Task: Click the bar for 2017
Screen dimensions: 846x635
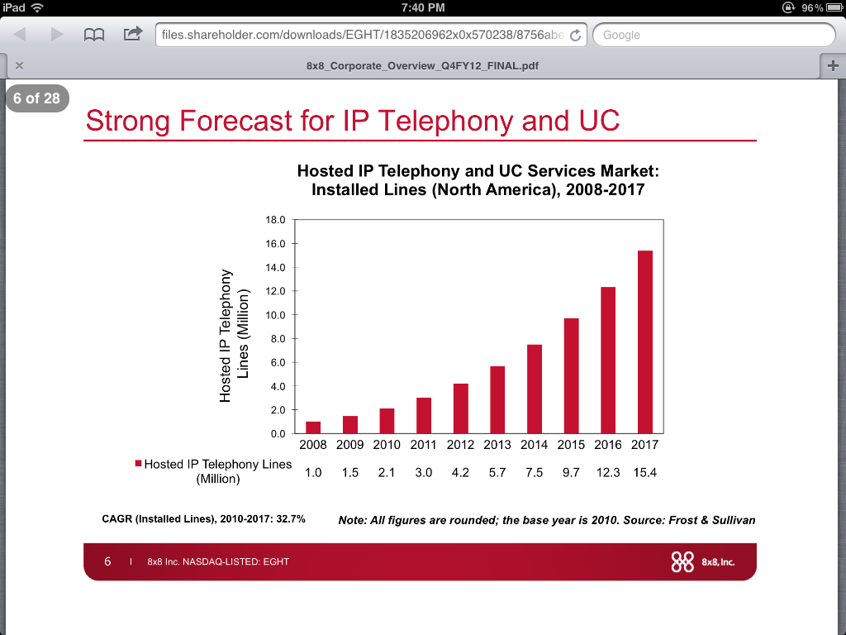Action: [x=644, y=342]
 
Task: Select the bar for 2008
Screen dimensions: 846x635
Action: [x=313, y=427]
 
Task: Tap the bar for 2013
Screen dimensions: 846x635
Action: [x=497, y=399]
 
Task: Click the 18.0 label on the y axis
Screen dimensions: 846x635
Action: [x=275, y=220]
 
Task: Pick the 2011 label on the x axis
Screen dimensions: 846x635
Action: [x=423, y=445]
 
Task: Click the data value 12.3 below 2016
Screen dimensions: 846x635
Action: [x=608, y=473]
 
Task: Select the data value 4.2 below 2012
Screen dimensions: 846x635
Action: [x=460, y=473]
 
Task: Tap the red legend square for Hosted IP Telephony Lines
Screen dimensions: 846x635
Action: [x=138, y=463]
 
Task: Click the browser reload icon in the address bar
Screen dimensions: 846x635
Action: [x=576, y=35]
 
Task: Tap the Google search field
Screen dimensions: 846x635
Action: [x=714, y=35]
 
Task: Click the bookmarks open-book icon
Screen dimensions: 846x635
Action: [x=94, y=35]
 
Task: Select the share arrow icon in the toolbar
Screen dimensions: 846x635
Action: [x=133, y=34]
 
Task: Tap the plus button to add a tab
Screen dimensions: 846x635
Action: [x=833, y=66]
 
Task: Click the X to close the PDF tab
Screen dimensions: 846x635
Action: [x=20, y=65]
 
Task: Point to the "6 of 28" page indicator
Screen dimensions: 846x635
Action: [x=36, y=98]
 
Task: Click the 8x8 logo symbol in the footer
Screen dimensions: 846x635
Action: [x=682, y=562]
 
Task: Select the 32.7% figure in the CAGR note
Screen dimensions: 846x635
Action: [x=291, y=519]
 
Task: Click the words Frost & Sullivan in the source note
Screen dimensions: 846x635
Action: [x=711, y=521]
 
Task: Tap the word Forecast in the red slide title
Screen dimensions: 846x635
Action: [x=235, y=121]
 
